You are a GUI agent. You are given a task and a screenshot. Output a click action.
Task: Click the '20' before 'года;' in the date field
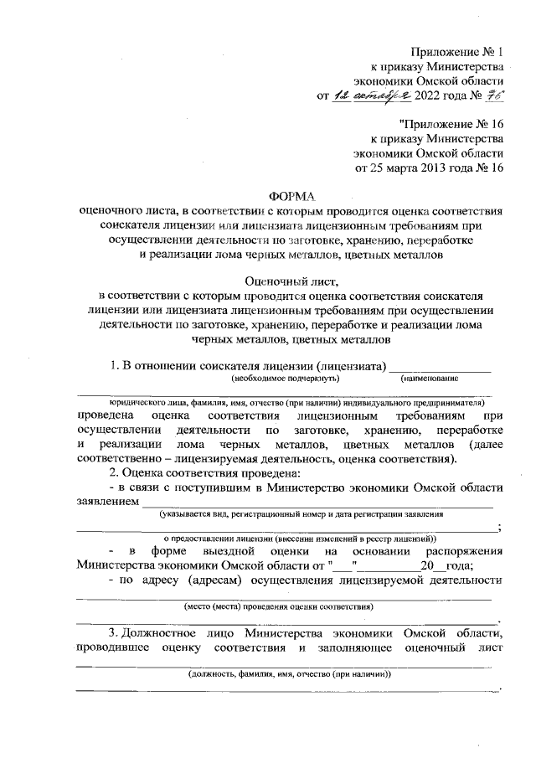tap(428, 564)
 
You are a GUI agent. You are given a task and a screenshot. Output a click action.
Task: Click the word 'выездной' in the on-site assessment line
tap(228, 550)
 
